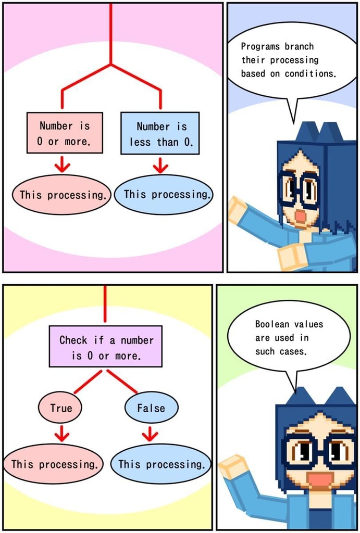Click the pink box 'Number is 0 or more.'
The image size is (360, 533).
65,133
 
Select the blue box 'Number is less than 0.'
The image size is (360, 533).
160,133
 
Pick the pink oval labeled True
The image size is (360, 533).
60,408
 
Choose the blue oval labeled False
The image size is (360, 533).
151,408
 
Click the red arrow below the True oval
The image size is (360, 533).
61,433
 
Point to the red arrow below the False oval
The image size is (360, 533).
150,433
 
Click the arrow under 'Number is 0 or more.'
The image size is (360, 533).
63,164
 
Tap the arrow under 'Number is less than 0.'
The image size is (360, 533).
160,164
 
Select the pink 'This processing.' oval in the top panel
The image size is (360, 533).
61,195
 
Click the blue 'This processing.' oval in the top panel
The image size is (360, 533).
165,195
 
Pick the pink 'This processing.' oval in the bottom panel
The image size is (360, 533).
54,464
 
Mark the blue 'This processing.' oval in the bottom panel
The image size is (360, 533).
161,464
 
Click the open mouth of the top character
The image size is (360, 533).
301,216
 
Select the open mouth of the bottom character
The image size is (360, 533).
320,480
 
